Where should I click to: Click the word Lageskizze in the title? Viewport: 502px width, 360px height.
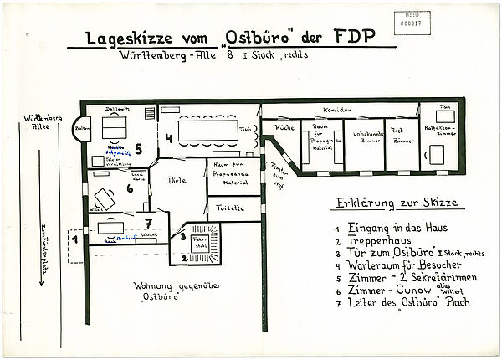(118, 39)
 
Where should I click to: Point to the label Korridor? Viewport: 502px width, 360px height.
(335, 111)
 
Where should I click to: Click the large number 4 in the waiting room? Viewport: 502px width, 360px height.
(168, 137)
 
